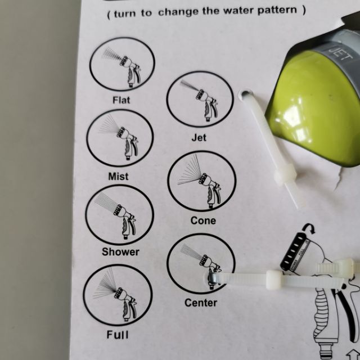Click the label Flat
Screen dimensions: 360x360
click(121, 100)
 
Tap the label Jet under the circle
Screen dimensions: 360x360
click(199, 138)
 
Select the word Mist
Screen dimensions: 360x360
click(118, 177)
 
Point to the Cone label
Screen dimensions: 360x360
click(203, 220)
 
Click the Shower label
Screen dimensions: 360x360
click(120, 252)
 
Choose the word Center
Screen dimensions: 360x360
click(201, 303)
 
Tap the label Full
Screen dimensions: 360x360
click(118, 335)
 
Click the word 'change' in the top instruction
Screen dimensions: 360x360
click(178, 12)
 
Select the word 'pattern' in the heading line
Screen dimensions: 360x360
click(277, 10)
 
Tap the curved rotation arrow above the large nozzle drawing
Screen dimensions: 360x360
click(309, 228)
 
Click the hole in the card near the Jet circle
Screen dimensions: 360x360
click(245, 94)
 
